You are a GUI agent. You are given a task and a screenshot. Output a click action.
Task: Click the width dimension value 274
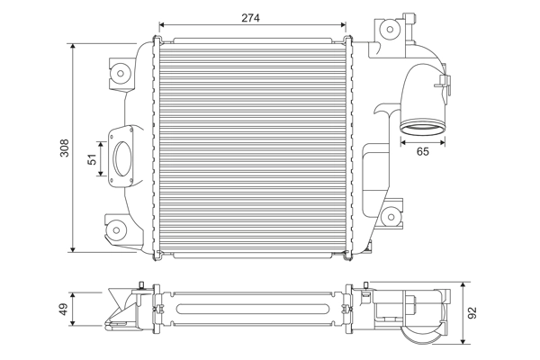pos(251,16)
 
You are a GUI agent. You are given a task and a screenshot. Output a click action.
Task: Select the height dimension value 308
pos(64,148)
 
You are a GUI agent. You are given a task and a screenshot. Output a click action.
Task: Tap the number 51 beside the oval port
pos(90,158)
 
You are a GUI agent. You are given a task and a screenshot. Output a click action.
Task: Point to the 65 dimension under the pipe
pos(422,153)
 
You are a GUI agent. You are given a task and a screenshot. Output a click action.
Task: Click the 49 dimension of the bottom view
pos(64,309)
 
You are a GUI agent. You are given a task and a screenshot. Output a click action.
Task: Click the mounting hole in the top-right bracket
pos(390,29)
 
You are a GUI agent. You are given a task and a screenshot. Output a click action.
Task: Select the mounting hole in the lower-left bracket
pos(117,229)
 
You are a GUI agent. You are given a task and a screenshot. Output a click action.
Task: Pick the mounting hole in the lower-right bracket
pos(391,217)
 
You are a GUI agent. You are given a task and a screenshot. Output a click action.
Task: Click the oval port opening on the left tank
pos(121,158)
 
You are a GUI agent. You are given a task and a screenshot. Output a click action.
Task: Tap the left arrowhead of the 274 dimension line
pos(160,24)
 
